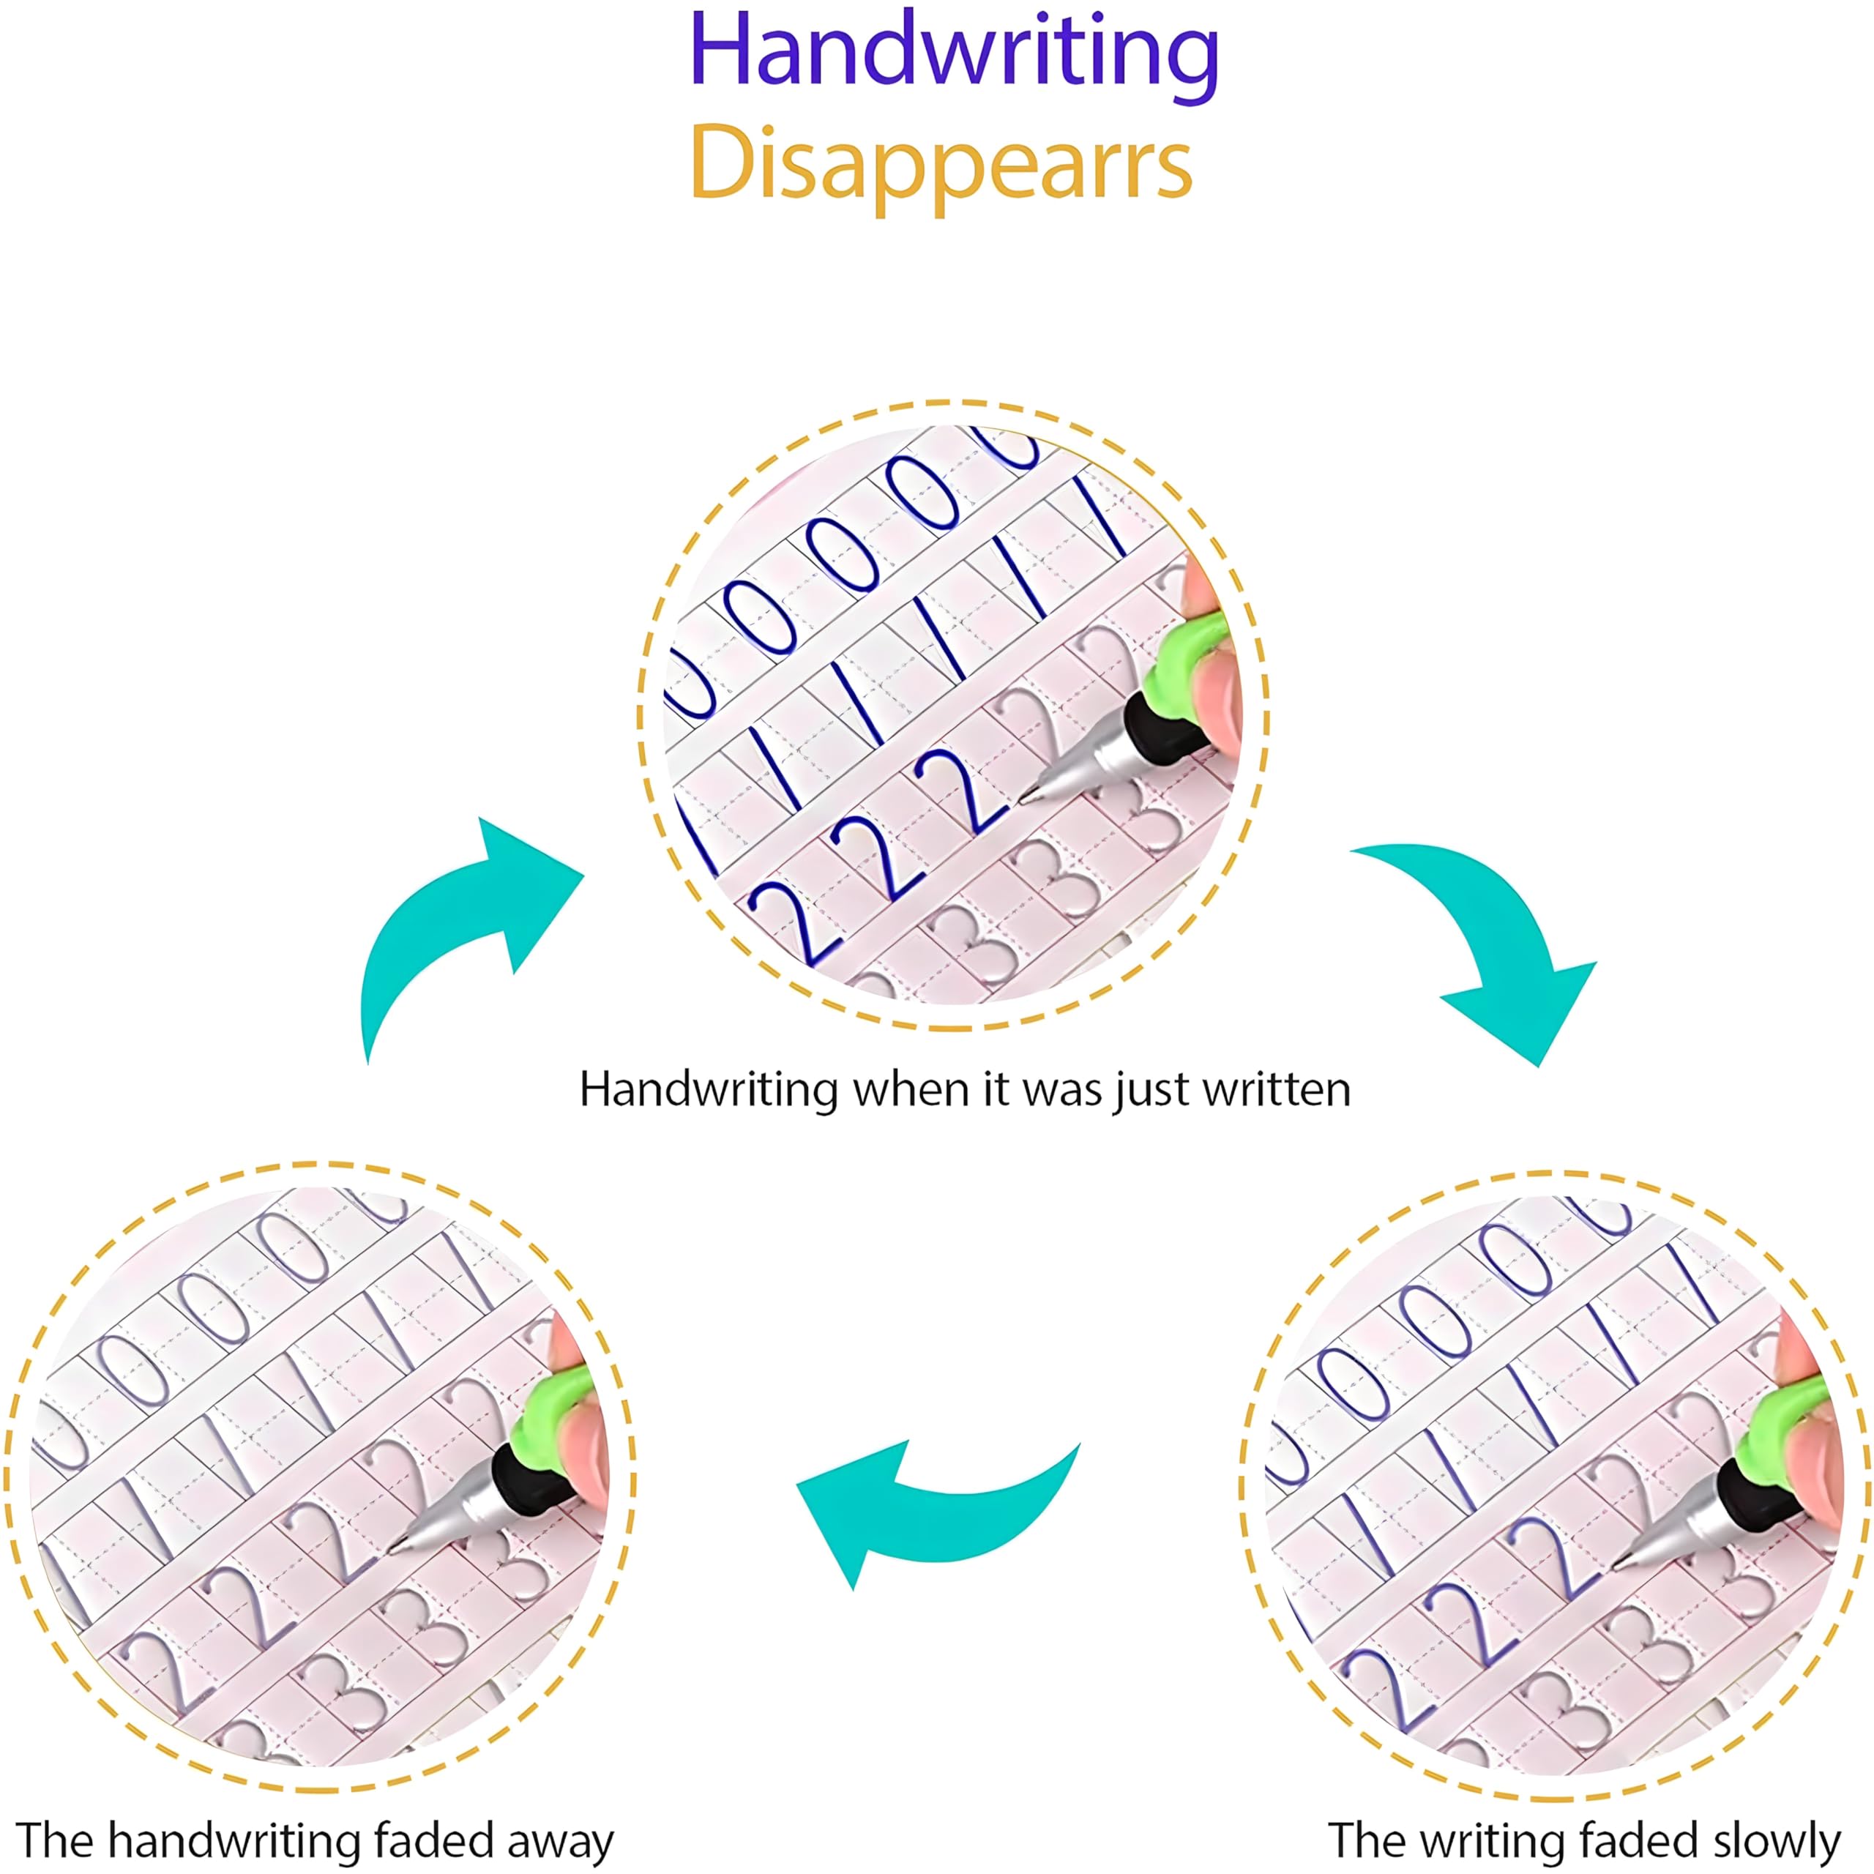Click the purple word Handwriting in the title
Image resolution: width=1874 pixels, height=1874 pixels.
click(954, 53)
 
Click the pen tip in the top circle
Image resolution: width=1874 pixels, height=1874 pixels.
click(1026, 800)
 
